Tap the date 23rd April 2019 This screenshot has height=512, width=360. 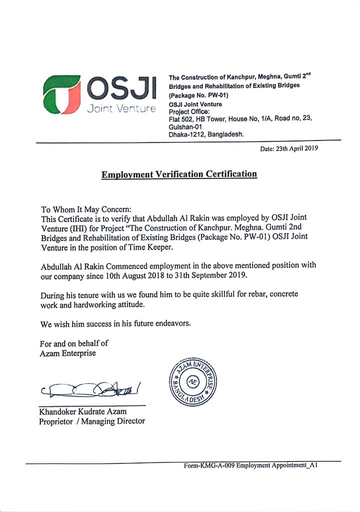[x=289, y=148]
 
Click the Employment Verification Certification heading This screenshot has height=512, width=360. [x=179, y=174]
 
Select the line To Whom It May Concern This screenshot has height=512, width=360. [x=85, y=209]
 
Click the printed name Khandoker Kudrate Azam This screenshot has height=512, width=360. [x=83, y=411]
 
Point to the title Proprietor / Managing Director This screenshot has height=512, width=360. [x=92, y=421]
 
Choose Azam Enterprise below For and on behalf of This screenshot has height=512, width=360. [x=68, y=353]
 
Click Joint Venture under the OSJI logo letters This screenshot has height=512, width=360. [x=121, y=108]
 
